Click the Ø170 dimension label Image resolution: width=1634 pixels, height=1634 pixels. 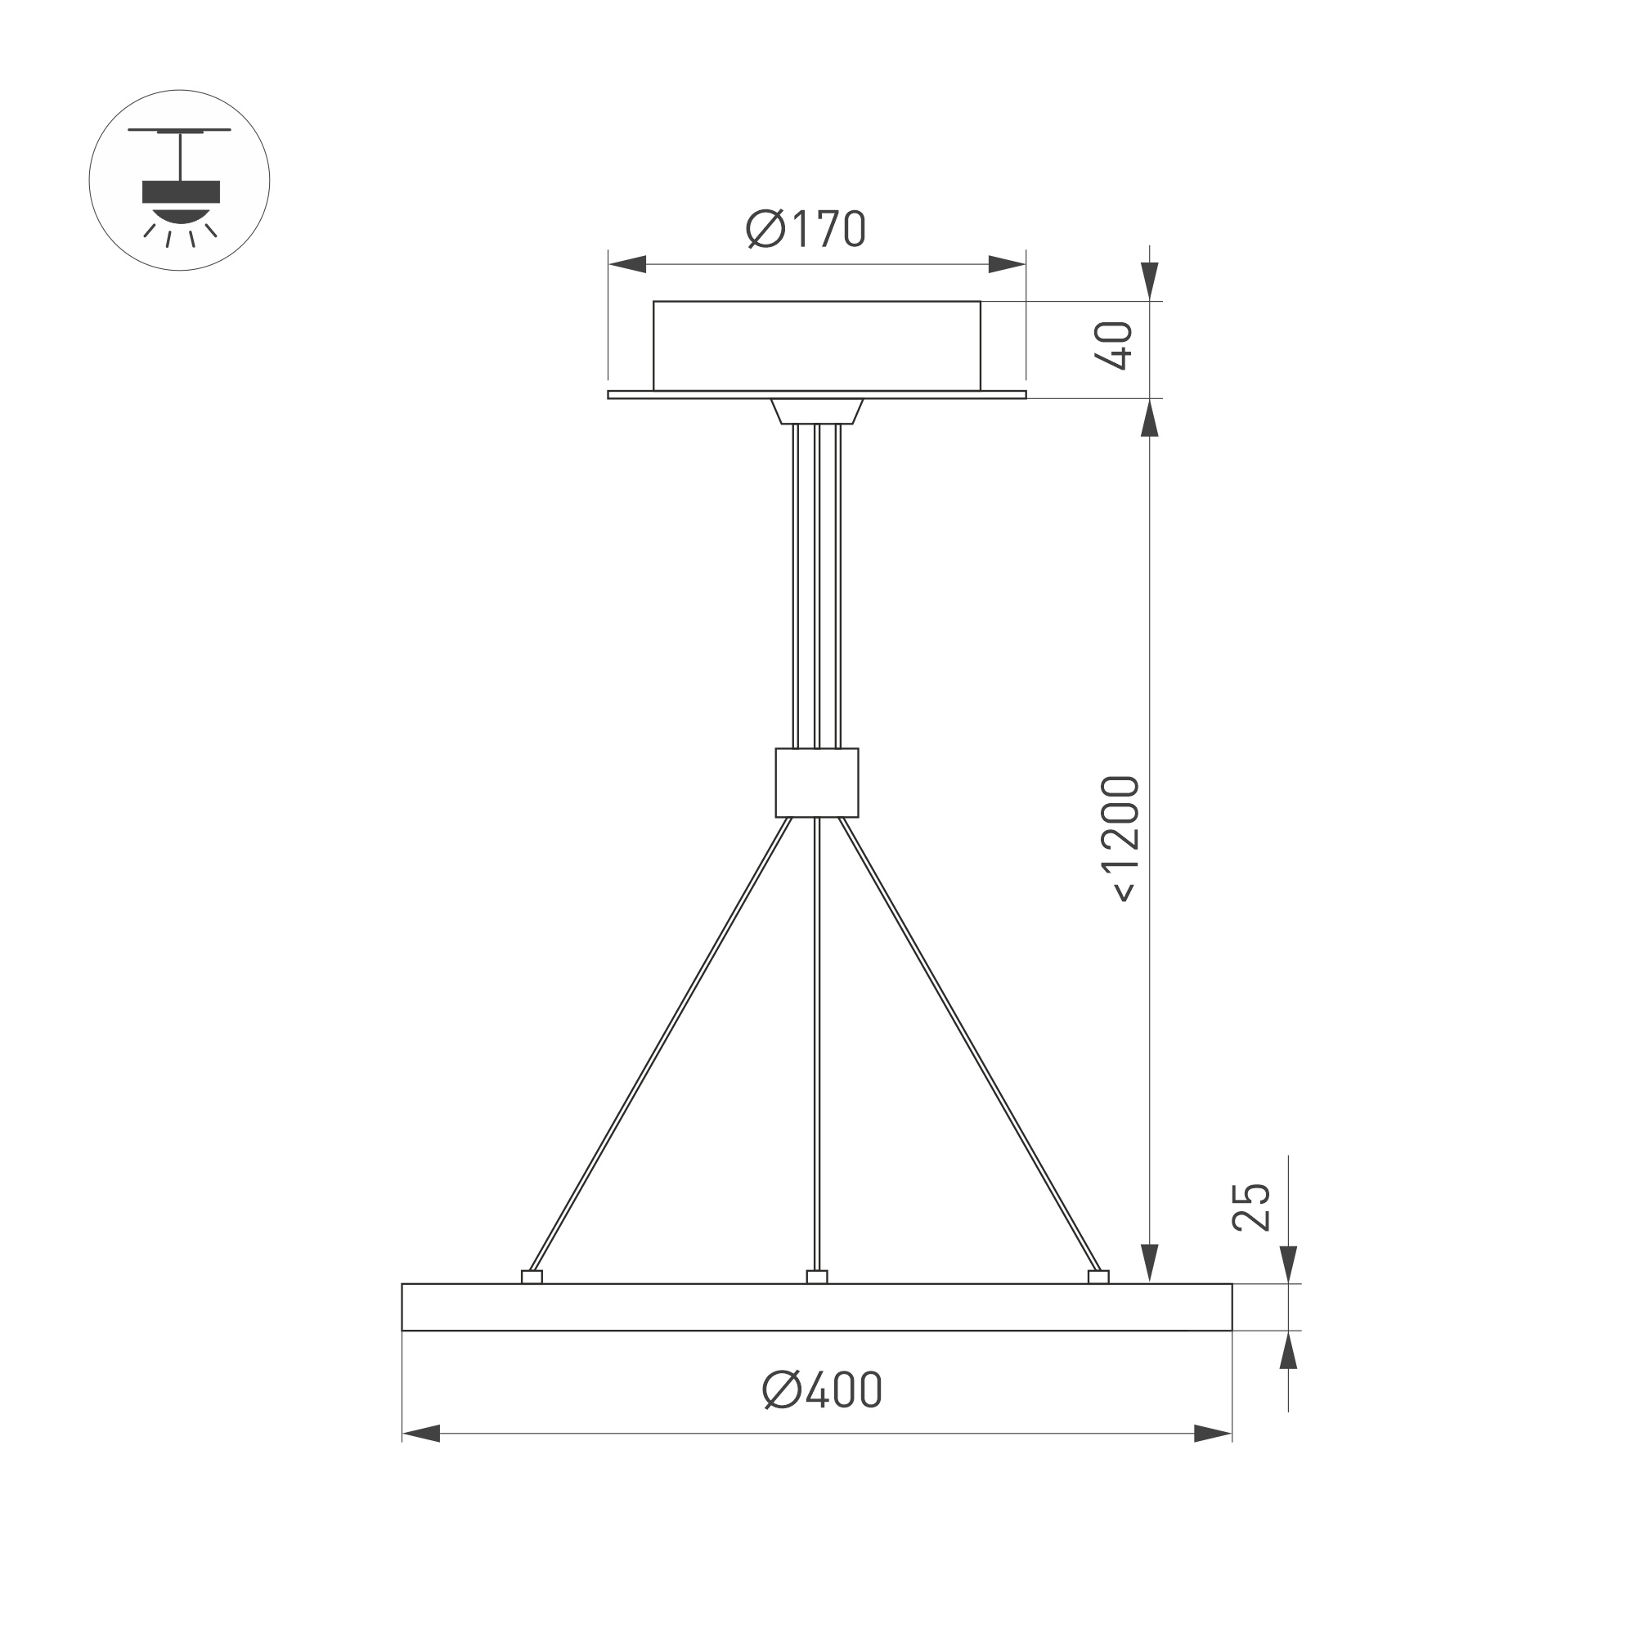tap(806, 228)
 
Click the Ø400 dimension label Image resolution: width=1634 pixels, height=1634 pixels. tap(822, 1389)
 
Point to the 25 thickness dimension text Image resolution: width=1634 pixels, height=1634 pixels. tap(1252, 1207)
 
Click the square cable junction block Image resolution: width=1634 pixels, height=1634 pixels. tap(816, 783)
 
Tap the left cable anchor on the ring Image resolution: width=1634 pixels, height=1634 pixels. tap(531, 1277)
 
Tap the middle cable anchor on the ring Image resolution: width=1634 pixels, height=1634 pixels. tap(816, 1277)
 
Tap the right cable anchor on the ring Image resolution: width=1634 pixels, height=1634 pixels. tap(1098, 1277)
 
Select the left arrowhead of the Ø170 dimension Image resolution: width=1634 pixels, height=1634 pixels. tap(626, 264)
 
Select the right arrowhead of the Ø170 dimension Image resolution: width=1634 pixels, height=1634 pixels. tap(1008, 264)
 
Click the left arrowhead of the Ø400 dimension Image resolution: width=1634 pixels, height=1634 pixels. tap(421, 1434)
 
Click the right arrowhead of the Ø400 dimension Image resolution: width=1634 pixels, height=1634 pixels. tap(1212, 1434)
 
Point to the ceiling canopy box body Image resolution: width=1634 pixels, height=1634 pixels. tap(816, 345)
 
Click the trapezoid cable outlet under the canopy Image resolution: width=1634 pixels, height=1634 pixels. tap(816, 411)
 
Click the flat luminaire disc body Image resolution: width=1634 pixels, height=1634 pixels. tap(816, 1308)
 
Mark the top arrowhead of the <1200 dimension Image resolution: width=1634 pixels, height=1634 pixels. tap(1148, 418)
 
